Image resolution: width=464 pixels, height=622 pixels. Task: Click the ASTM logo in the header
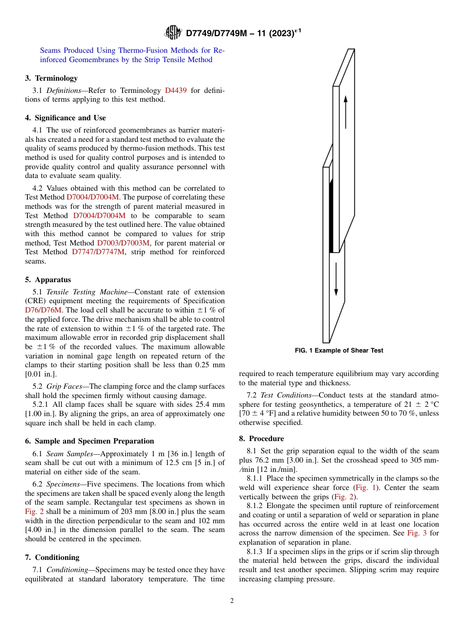click(x=173, y=33)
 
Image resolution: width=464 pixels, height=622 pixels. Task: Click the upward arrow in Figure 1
click(x=345, y=111)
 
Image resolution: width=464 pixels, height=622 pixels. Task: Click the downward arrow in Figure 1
click(x=336, y=279)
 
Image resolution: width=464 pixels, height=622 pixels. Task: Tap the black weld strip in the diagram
click(x=331, y=215)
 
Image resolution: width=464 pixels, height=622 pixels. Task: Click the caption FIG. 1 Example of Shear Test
click(x=339, y=351)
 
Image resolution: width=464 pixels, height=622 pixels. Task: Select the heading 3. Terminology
click(x=51, y=78)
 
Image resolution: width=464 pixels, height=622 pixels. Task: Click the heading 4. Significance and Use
click(x=65, y=118)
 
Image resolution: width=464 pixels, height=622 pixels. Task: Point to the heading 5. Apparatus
click(x=48, y=280)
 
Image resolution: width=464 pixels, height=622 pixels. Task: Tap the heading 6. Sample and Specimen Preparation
click(x=89, y=441)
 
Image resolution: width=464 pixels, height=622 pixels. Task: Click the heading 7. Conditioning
click(x=52, y=557)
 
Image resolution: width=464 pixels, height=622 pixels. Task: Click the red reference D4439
click(x=175, y=90)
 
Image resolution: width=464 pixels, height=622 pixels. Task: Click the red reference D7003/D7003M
click(x=123, y=243)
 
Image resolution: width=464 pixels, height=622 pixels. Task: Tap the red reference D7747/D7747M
click(x=98, y=252)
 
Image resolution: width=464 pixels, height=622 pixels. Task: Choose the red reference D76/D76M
click(x=43, y=311)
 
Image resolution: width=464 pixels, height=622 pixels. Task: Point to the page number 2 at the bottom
click(x=232, y=601)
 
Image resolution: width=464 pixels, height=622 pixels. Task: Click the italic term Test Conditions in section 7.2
click(x=286, y=395)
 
